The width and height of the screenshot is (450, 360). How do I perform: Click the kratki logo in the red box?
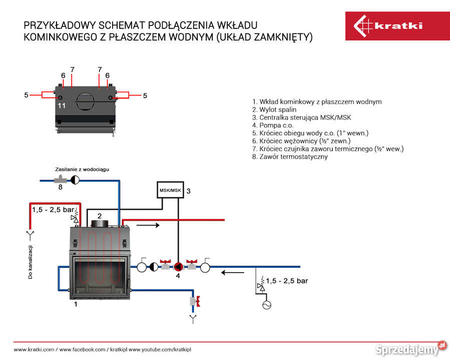click(388, 25)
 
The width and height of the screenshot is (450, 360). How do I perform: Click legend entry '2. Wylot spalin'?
click(274, 109)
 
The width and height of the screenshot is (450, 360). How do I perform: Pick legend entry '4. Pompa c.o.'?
click(273, 125)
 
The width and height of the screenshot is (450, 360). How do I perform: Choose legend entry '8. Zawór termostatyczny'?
click(290, 156)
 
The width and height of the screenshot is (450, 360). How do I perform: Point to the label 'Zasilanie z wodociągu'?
click(82, 169)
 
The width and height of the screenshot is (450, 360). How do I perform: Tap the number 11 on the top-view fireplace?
click(62, 105)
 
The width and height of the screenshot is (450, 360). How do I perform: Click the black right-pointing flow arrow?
click(148, 225)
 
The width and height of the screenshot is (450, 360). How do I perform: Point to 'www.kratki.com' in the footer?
click(34, 349)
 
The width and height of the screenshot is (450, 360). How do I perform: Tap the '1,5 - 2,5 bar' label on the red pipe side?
click(53, 209)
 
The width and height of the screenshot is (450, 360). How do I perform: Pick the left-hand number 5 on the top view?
click(27, 95)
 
